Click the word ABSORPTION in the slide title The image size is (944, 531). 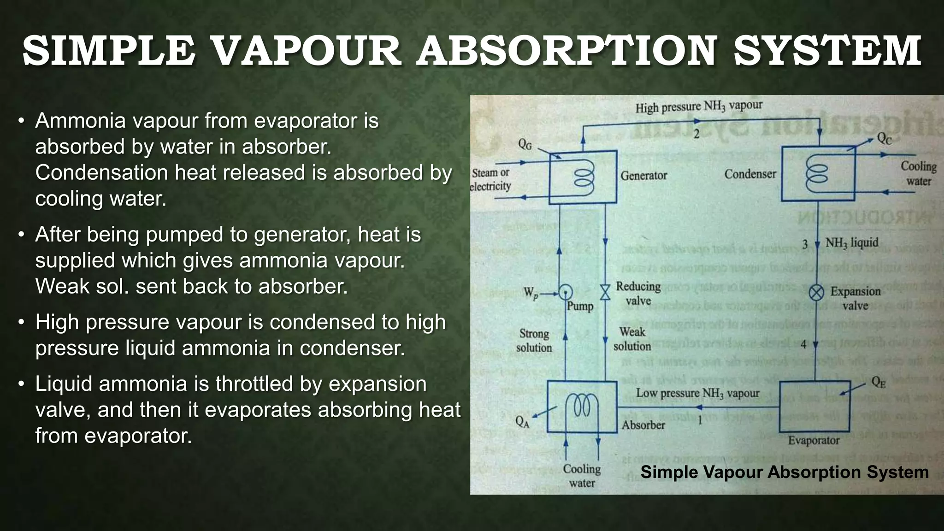pos(566,51)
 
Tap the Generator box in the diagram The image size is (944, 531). pos(583,177)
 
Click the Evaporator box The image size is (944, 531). pos(814,407)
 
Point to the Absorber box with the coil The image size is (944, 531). pos(582,407)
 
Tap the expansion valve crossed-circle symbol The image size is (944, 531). pos(817,292)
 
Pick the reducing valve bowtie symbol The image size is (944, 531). pos(605,292)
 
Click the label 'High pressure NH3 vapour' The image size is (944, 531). pos(699,106)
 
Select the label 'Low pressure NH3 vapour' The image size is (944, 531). pos(697,393)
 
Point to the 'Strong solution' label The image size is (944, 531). pos(534,340)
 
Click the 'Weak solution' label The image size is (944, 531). pos(632,339)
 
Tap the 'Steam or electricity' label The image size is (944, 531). pos(491,179)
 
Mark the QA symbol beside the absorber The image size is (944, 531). pos(522,421)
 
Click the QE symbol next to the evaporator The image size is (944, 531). pos(878,382)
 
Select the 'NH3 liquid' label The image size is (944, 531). pos(851,242)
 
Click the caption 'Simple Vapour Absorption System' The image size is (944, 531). pos(784,472)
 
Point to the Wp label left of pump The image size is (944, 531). pos(531,292)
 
